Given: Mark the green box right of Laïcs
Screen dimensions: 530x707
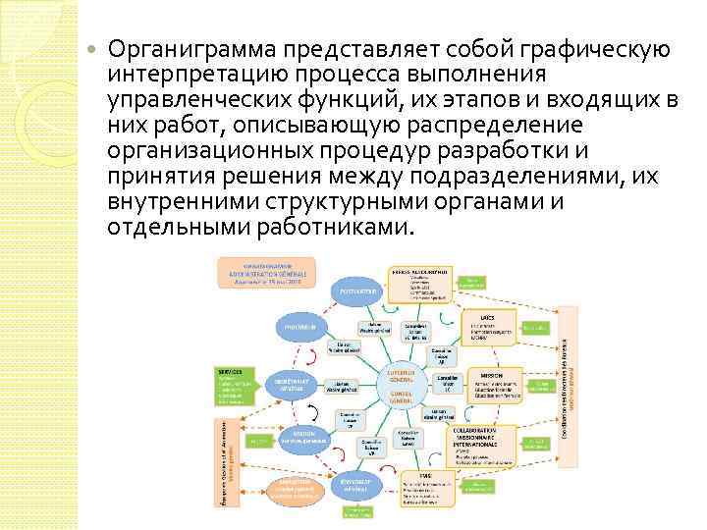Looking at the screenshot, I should point(536,326).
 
